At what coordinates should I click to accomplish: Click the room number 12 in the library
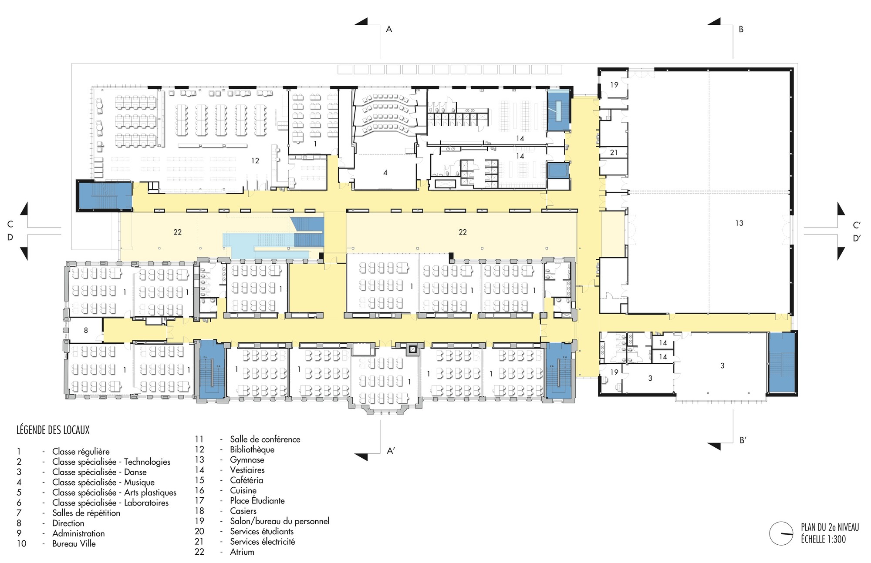click(x=255, y=161)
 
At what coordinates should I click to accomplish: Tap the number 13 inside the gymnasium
click(x=739, y=223)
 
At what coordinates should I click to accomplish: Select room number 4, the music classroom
click(x=385, y=173)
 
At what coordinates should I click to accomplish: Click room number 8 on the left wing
click(x=86, y=330)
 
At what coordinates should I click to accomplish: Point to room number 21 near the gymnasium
click(x=614, y=152)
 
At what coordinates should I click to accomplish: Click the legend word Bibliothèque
click(x=252, y=449)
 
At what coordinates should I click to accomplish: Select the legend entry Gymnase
click(x=247, y=460)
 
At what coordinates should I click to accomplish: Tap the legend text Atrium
click(x=242, y=552)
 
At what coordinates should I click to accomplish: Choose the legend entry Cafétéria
click(x=246, y=480)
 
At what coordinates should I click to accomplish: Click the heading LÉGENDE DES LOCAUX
click(x=53, y=430)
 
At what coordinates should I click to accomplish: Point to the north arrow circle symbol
click(x=781, y=533)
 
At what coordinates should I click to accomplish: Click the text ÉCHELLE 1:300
click(x=824, y=540)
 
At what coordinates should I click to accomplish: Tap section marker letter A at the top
click(x=389, y=29)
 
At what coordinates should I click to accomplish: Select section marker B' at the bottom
click(x=743, y=440)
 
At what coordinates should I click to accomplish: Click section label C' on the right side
click(x=856, y=225)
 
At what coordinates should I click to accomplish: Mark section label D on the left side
click(x=10, y=238)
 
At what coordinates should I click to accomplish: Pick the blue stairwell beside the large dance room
click(x=782, y=362)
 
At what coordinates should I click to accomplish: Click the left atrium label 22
click(x=177, y=232)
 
